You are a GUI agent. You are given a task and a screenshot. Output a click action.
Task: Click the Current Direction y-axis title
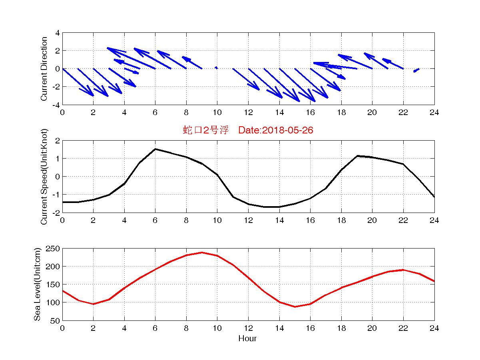pos(44,69)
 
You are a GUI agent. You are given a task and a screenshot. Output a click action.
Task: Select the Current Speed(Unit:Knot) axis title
pos(44,177)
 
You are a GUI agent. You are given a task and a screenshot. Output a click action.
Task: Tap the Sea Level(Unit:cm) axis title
pos(37,284)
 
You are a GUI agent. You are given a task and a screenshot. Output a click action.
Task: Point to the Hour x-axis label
pos(248,339)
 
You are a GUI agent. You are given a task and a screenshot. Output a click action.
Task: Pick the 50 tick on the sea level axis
pos(56,320)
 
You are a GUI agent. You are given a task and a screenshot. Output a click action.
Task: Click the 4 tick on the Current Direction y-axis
pos(58,33)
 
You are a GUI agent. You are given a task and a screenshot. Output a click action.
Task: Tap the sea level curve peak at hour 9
pos(202,253)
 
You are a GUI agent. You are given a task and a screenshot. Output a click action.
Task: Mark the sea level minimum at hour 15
pos(295,306)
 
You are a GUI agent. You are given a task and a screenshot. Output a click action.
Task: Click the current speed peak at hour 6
pos(155,149)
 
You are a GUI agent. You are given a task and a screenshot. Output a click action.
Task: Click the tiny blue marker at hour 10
pos(216,68)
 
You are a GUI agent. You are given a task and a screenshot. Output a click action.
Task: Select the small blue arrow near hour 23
pos(416,70)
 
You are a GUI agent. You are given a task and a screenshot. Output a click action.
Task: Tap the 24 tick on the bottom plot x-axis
pos(434,328)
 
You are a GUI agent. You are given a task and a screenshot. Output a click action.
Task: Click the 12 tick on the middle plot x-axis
pos(248,220)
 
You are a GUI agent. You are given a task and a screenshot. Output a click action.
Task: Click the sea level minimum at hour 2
pos(94,304)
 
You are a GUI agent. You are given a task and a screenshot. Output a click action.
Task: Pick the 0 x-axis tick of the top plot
pos(62,112)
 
